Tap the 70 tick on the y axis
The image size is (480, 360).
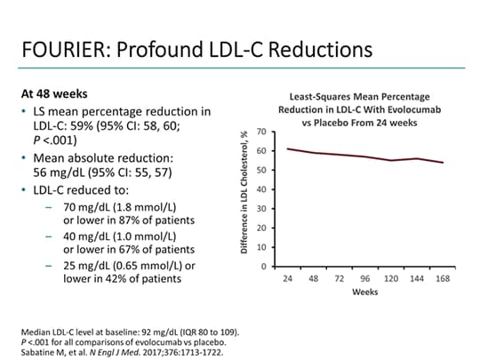pyautogui.click(x=262, y=132)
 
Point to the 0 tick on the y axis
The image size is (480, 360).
pyautogui.click(x=265, y=267)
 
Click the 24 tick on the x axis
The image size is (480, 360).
pyautogui.click(x=287, y=278)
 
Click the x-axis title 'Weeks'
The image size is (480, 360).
pyautogui.click(x=364, y=292)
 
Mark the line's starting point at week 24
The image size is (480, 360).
pyautogui.click(x=287, y=148)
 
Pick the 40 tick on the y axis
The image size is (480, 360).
pyautogui.click(x=262, y=189)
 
